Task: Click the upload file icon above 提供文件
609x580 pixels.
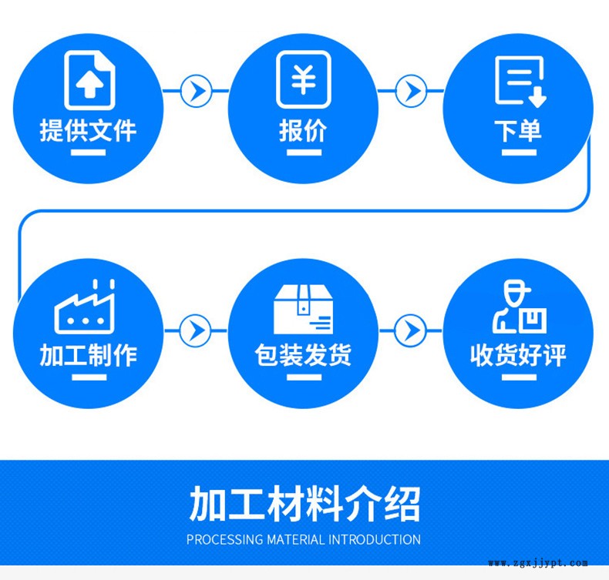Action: point(89,79)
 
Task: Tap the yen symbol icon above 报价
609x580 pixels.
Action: point(303,79)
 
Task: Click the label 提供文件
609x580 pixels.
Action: point(89,129)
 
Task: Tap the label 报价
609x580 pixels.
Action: point(303,130)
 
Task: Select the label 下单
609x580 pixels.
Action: point(518,130)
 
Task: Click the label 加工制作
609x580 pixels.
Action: point(89,355)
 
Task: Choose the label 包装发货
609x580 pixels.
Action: point(303,355)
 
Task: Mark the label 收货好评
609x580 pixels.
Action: point(518,355)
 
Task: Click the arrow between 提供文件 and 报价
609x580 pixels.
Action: point(197,91)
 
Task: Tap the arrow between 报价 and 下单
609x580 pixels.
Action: point(411,91)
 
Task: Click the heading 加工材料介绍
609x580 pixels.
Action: point(304,505)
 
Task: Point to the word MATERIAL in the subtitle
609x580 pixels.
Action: point(296,539)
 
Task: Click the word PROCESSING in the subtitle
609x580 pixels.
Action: point(224,539)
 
